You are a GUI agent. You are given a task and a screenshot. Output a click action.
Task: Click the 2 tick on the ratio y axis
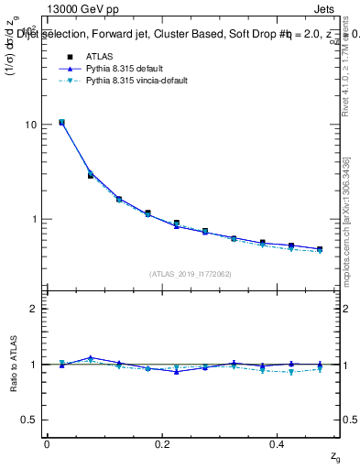click(36, 309)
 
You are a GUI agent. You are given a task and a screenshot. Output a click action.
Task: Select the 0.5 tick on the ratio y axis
click(31, 420)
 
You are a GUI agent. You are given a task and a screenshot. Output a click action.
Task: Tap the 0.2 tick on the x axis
click(162, 444)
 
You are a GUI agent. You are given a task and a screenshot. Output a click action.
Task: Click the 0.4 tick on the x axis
click(278, 444)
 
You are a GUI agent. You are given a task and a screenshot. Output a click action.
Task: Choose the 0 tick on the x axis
click(47, 444)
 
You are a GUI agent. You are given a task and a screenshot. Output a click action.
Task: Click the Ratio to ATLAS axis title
click(14, 365)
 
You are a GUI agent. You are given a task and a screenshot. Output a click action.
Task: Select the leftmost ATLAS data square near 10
click(61, 122)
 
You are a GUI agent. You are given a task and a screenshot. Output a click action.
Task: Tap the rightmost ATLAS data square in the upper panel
click(320, 248)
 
